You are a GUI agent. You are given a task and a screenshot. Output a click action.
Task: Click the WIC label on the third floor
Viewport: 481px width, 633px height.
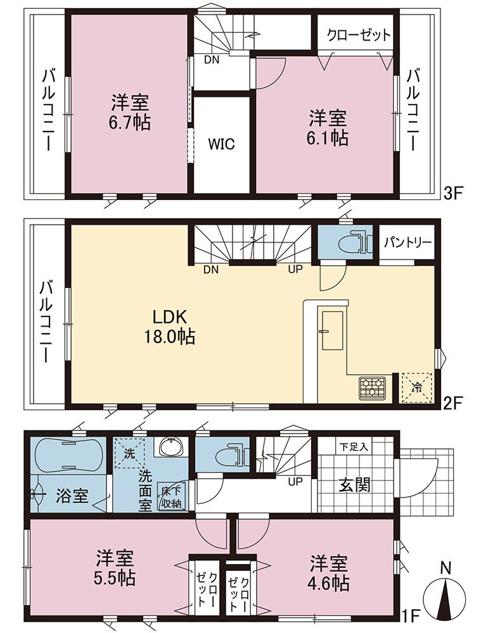[x=222, y=144]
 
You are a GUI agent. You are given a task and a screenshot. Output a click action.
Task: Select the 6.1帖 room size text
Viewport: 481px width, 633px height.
[x=328, y=137]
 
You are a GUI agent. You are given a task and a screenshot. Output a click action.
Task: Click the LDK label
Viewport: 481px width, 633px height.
[x=169, y=317]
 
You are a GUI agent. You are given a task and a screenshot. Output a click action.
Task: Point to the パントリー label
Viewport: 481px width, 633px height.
[x=408, y=242]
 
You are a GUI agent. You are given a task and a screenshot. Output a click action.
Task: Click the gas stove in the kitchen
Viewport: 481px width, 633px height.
[x=371, y=388]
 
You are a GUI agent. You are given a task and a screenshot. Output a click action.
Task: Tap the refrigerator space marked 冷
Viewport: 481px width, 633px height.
[x=416, y=389]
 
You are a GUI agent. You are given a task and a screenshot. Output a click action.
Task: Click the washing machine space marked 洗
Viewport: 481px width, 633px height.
[x=129, y=454]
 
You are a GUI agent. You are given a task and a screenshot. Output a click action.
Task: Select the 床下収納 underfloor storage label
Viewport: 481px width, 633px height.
[x=172, y=498]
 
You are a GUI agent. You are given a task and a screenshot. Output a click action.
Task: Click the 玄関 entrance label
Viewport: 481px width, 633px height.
[x=354, y=485]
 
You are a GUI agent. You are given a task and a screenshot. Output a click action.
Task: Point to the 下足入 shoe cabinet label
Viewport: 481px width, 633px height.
[x=354, y=447]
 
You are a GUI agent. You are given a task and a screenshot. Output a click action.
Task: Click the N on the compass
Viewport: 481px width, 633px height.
[x=445, y=568]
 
